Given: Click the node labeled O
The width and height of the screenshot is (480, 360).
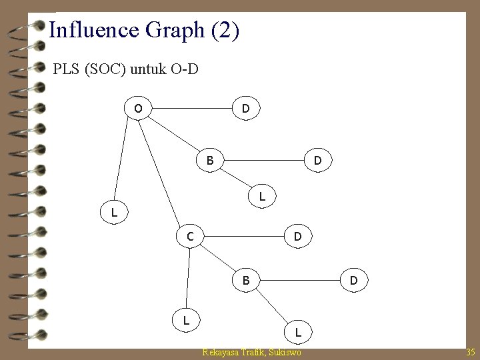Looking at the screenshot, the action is coord(138,107).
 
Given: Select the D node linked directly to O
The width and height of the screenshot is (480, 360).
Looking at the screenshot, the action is coord(246,107).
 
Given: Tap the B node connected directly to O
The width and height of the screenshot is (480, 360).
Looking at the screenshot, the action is coord(210,161).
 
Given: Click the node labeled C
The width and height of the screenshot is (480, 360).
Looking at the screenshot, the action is coord(191,236).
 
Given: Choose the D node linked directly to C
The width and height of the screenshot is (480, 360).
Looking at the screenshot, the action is coord(298,236).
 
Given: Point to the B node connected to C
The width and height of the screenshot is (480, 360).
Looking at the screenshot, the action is coord(246,281).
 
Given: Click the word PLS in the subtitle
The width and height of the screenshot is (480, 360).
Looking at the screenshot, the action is coord(66,68).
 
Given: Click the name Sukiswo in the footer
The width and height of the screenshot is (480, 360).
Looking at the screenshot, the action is coord(284,351).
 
